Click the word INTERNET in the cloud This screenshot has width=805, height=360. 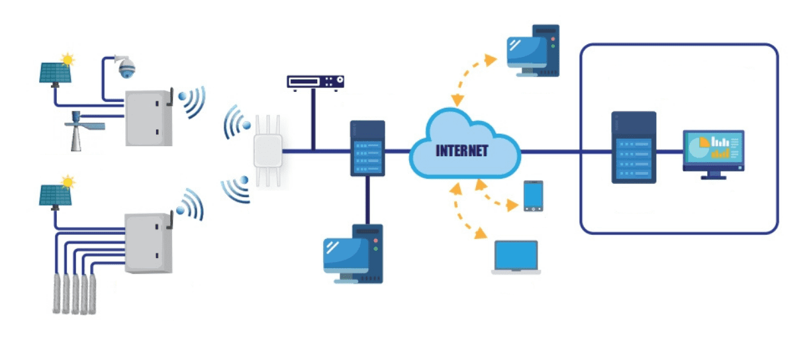coord(461,151)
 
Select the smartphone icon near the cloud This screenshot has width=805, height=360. coord(534,196)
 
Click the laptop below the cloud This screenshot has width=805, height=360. coord(516,257)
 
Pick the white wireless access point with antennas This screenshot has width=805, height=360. coord(267,150)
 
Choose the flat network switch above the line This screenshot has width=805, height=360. coord(315,81)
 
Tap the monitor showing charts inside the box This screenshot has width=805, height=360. coord(713,153)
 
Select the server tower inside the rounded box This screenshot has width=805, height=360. coord(634,147)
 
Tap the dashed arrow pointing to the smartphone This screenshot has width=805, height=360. coord(498,197)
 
